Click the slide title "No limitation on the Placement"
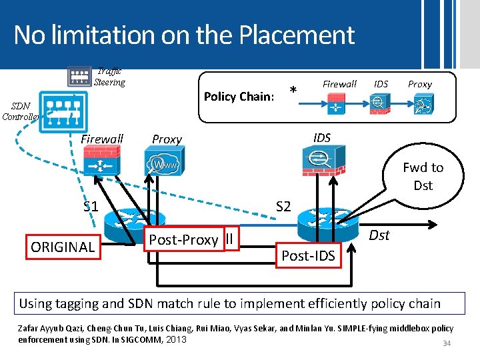(x=183, y=35)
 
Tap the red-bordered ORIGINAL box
(x=63, y=247)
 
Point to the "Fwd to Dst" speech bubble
(x=423, y=177)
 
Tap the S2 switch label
(x=283, y=206)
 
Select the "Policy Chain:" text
(x=239, y=97)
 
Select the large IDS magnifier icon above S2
(x=322, y=161)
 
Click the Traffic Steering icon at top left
(x=79, y=76)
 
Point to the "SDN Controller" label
(x=20, y=111)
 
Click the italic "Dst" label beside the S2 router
(x=379, y=235)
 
